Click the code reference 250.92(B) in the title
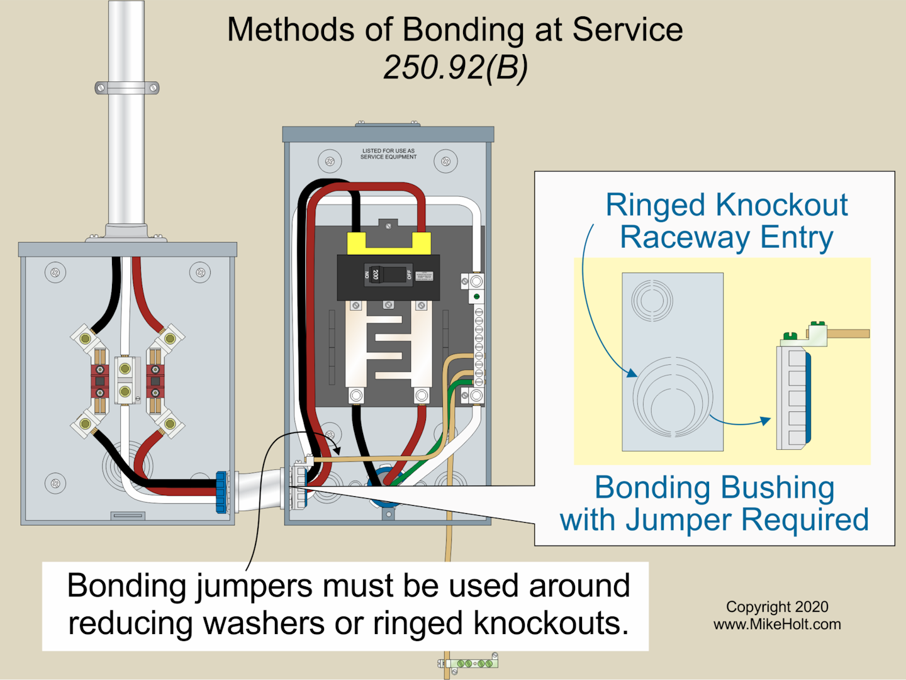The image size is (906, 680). coord(456,67)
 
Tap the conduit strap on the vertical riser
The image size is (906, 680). coord(126,88)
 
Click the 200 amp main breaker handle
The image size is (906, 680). coord(376,274)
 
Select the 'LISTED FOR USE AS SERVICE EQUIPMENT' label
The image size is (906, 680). coord(388,153)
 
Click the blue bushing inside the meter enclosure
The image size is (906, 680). coord(221,492)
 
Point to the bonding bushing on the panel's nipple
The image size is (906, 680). coord(299,484)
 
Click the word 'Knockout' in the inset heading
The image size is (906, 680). coord(781,205)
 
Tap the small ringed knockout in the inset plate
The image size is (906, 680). coord(652,300)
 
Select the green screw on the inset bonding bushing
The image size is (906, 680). coord(790,336)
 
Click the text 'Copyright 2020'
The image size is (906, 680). coord(777,606)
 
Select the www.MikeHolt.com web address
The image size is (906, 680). coord(777,624)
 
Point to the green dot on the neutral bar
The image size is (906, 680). coord(477,296)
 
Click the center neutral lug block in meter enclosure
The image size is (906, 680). coord(125,380)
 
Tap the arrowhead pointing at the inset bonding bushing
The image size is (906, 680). coord(766,420)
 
